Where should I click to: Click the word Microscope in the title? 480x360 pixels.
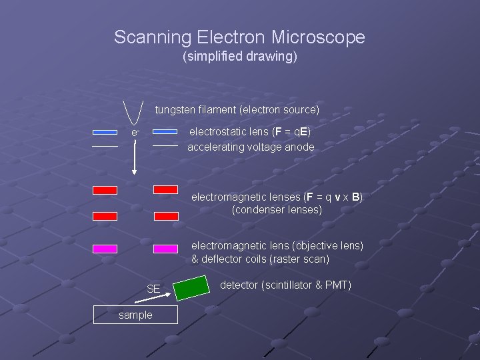pos(318,37)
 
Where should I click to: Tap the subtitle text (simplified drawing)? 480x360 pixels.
pos(240,57)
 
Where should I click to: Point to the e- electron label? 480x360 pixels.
pos(135,133)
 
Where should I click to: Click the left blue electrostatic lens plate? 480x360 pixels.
pos(105,131)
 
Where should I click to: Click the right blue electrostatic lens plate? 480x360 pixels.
pos(165,131)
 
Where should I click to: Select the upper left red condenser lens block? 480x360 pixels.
pos(105,190)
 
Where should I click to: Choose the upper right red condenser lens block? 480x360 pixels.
pos(166,190)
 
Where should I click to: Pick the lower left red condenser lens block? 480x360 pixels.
pos(105,216)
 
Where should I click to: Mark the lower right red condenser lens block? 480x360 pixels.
pos(166,216)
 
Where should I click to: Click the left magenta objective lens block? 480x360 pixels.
pos(105,249)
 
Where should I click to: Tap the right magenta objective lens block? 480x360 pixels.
pos(166,249)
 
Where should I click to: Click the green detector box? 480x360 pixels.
pos(191,287)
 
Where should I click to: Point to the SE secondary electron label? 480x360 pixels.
pos(153,289)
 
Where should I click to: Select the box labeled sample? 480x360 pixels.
pos(135,315)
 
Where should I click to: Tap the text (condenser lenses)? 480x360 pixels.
pos(277,210)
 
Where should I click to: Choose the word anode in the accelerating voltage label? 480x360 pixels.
pos(299,147)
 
